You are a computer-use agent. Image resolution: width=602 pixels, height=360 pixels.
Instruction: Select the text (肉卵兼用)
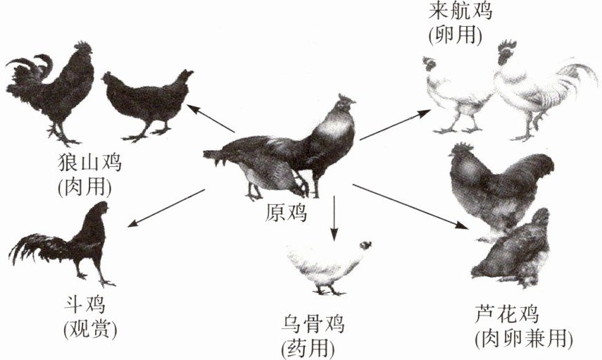pos(522,338)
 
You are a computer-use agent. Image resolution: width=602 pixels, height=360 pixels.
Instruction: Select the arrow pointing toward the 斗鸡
pos(166,207)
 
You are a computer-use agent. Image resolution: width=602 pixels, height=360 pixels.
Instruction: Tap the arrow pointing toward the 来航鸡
pos(394,124)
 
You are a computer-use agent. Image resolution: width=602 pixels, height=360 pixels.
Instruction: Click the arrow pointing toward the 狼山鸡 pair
pos(211,118)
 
